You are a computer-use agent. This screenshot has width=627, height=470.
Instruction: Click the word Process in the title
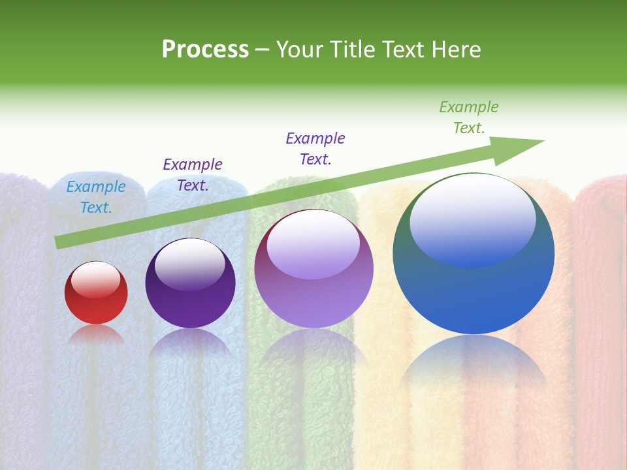[x=205, y=50]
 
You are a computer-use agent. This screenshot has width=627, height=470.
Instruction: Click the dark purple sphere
[x=190, y=290]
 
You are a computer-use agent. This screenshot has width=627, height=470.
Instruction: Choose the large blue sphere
[x=474, y=281]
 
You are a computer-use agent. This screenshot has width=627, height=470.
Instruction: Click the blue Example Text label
[x=96, y=197]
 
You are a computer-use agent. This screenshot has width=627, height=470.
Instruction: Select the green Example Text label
[x=469, y=117]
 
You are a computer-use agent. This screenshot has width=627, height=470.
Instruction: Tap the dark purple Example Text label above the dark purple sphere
[x=193, y=175]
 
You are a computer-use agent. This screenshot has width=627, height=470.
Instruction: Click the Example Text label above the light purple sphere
[x=315, y=149]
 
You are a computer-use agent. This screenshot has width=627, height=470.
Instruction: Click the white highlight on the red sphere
[x=96, y=278]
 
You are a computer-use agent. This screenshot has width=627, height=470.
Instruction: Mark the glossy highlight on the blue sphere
[x=472, y=219]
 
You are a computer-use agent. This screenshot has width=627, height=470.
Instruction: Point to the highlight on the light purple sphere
[x=313, y=243]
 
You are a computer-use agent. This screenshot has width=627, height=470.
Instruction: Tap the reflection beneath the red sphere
[x=96, y=334]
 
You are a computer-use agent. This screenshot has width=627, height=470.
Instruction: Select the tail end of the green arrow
[x=60, y=242]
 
